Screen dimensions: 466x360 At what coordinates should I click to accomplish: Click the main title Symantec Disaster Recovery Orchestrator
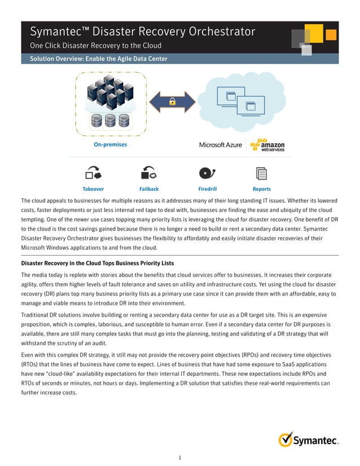[142, 32]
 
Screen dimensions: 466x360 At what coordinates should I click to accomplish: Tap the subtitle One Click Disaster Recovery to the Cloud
[95, 46]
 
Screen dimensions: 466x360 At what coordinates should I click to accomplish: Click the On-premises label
[110, 144]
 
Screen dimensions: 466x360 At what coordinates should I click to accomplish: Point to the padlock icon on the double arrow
[172, 101]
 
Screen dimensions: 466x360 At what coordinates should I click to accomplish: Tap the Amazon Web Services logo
[268, 145]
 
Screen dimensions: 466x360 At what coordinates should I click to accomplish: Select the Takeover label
[93, 189]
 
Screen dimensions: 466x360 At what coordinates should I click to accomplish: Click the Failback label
[149, 189]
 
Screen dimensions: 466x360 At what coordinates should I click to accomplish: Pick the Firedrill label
[208, 189]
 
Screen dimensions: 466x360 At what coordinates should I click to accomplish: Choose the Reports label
[262, 189]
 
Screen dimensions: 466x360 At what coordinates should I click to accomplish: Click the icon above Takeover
[93, 172]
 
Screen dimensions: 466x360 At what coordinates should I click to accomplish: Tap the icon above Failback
[149, 172]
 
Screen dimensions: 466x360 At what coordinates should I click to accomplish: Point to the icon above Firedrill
[207, 172]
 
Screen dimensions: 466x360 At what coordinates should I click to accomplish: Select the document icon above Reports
[261, 173]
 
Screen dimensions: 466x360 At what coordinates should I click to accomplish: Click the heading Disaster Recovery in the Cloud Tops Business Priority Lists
[97, 263]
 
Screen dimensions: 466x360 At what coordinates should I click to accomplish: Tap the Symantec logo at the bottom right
[308, 439]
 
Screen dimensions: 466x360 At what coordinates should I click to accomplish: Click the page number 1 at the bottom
[179, 458]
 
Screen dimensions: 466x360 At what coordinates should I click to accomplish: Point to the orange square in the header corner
[331, 34]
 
